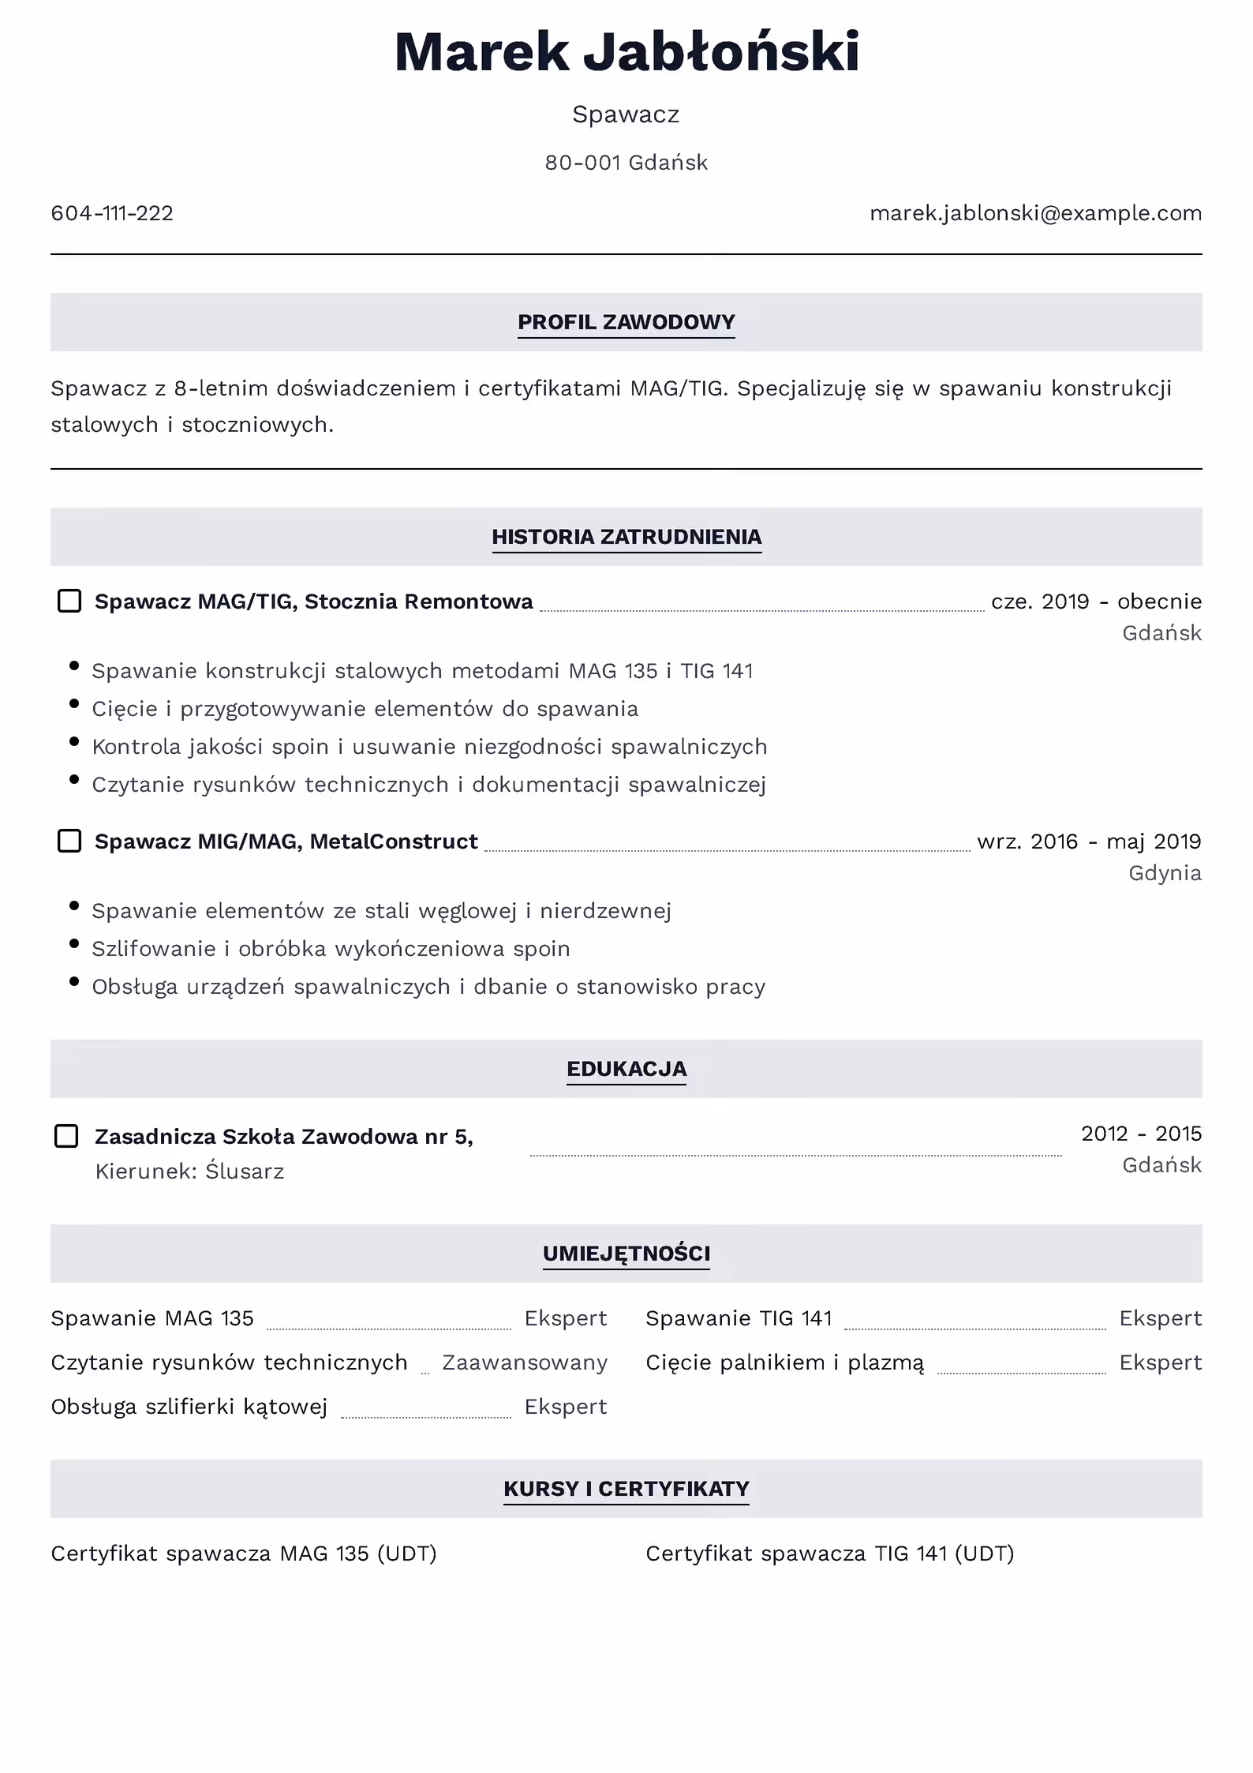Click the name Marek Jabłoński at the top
[626, 52]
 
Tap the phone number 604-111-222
[112, 213]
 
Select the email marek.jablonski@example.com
[1035, 213]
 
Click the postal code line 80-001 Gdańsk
[626, 163]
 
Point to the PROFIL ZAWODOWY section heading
[626, 322]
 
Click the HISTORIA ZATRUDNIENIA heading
[626, 537]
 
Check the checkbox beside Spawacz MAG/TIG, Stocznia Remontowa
[69, 601]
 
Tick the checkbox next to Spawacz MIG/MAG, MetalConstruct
[69, 841]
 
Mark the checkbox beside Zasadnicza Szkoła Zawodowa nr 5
[66, 1136]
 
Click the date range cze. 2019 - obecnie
[1096, 602]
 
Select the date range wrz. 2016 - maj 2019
[1089, 842]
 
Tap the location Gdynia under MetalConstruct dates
[1165, 873]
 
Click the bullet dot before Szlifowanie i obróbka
[74, 943]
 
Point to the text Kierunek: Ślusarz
[189, 1171]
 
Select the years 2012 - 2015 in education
[1141, 1134]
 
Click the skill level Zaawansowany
[525, 1363]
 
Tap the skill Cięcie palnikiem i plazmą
[784, 1363]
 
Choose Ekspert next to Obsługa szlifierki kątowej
[566, 1407]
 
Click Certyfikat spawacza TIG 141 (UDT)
[829, 1554]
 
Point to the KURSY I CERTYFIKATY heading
[626, 1489]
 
